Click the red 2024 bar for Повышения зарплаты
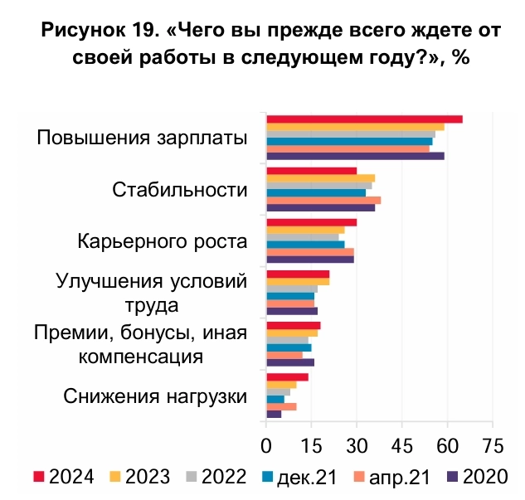(364, 119)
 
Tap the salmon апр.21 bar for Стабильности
(323, 200)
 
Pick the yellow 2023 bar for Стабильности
(320, 177)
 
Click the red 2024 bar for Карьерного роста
(311, 222)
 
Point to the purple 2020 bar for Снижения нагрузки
(274, 414)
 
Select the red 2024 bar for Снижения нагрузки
(287, 376)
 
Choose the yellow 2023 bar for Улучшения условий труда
(298, 281)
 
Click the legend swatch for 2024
(38, 477)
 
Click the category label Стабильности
(180, 190)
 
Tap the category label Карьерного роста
(163, 242)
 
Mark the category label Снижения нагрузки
(156, 396)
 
